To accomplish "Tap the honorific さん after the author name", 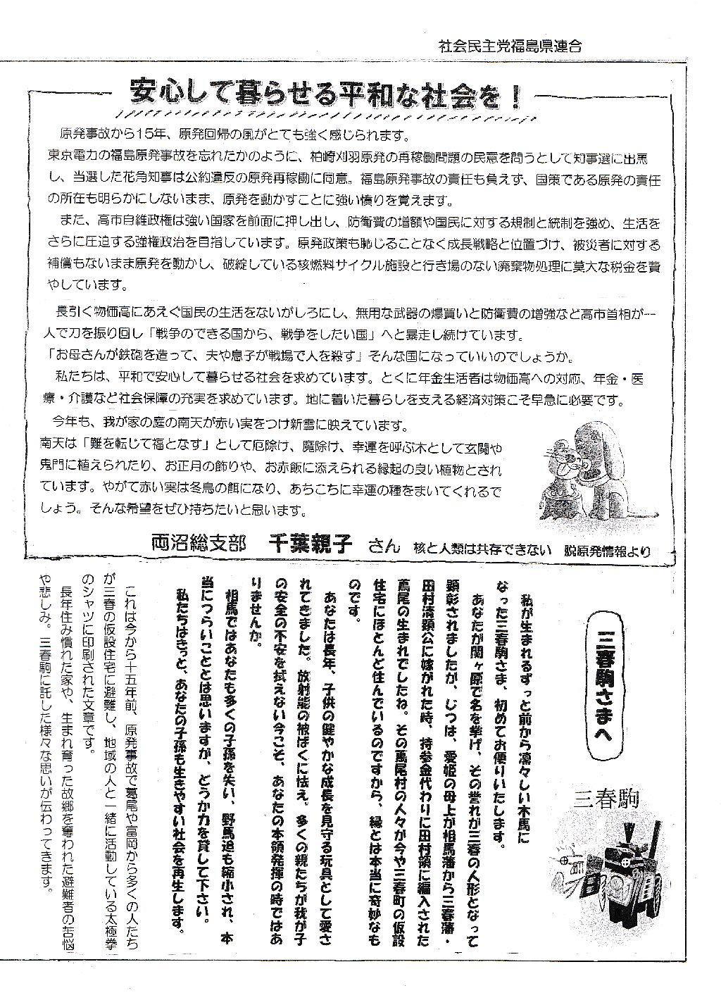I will click(x=383, y=546).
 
